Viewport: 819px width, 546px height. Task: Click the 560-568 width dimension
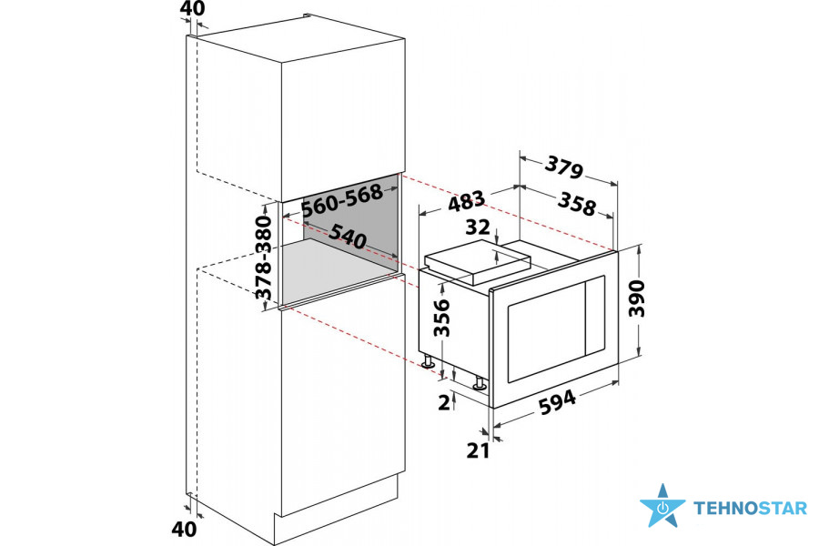click(x=343, y=200)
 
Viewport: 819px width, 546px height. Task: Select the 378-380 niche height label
click(x=265, y=258)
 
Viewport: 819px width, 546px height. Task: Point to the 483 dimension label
click(x=467, y=201)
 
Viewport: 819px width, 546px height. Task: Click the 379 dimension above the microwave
click(x=563, y=167)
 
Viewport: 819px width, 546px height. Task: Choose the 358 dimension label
click(x=577, y=204)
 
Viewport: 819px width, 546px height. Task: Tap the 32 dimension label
click(x=478, y=227)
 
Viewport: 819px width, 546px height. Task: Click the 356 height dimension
click(x=442, y=318)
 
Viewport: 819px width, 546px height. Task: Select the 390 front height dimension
click(x=637, y=298)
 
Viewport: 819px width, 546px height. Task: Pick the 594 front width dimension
click(x=557, y=402)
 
